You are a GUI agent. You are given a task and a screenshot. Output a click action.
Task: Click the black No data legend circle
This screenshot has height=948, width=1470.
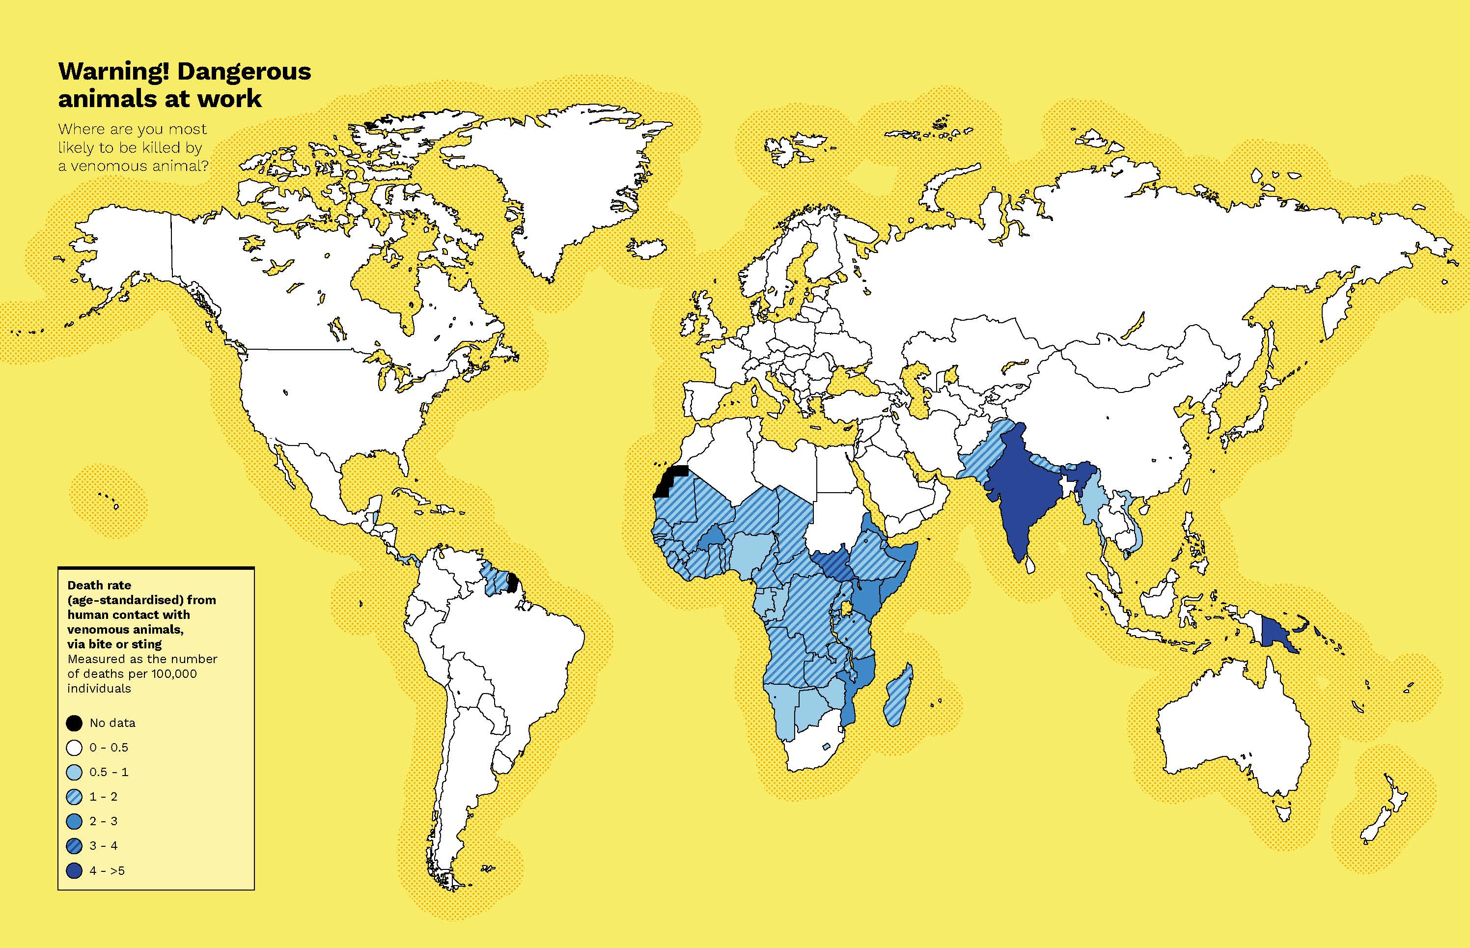coord(74,723)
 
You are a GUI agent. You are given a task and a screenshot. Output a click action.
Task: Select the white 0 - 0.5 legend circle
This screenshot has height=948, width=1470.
coord(74,747)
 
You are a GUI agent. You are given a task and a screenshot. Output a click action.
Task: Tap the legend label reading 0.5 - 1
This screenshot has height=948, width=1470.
coord(109,772)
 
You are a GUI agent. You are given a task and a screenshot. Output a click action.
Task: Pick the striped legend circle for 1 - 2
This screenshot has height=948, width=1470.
coord(74,797)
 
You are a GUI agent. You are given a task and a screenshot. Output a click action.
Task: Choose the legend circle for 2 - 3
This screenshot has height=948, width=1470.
coord(74,821)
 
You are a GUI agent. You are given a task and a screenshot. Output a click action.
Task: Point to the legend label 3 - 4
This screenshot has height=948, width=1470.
coord(104,846)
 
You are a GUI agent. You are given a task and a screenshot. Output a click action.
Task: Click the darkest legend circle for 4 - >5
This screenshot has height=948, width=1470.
coord(74,870)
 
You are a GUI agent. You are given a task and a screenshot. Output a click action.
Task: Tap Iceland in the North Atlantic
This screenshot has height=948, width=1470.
coord(646,250)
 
